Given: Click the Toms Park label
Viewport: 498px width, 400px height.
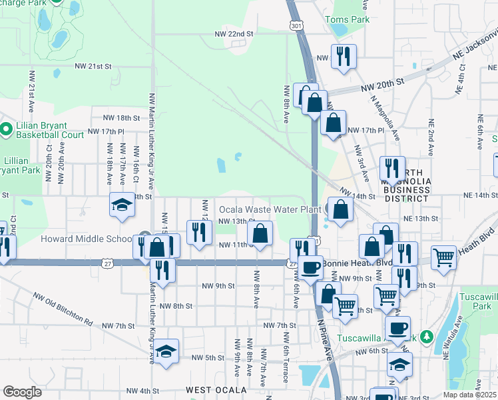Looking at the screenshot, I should click(347, 19).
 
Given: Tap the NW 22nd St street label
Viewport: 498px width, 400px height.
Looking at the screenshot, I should click(234, 33).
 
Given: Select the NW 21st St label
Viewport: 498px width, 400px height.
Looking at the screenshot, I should click(92, 66).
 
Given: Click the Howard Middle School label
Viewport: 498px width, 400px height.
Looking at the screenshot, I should click(87, 239).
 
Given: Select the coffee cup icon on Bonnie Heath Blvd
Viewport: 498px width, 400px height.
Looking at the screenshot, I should click(310, 268).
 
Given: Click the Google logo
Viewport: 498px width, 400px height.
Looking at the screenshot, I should click(22, 391).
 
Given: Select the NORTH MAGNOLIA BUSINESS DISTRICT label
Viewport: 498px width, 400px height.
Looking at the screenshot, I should click(401, 190).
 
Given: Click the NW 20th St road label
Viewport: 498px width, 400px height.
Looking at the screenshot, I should click(382, 82).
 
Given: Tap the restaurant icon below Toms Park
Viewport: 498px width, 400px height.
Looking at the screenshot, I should click(344, 57).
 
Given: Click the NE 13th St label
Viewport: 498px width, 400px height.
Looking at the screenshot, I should click(420, 219).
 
